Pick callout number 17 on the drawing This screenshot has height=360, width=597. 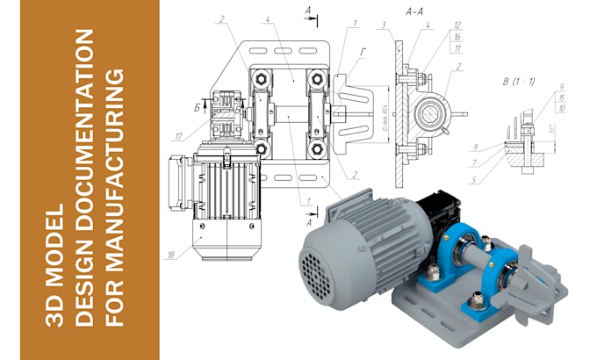coord(178,135)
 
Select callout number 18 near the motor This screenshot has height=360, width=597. coord(170,256)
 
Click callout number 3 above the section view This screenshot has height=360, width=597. coord(383,25)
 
